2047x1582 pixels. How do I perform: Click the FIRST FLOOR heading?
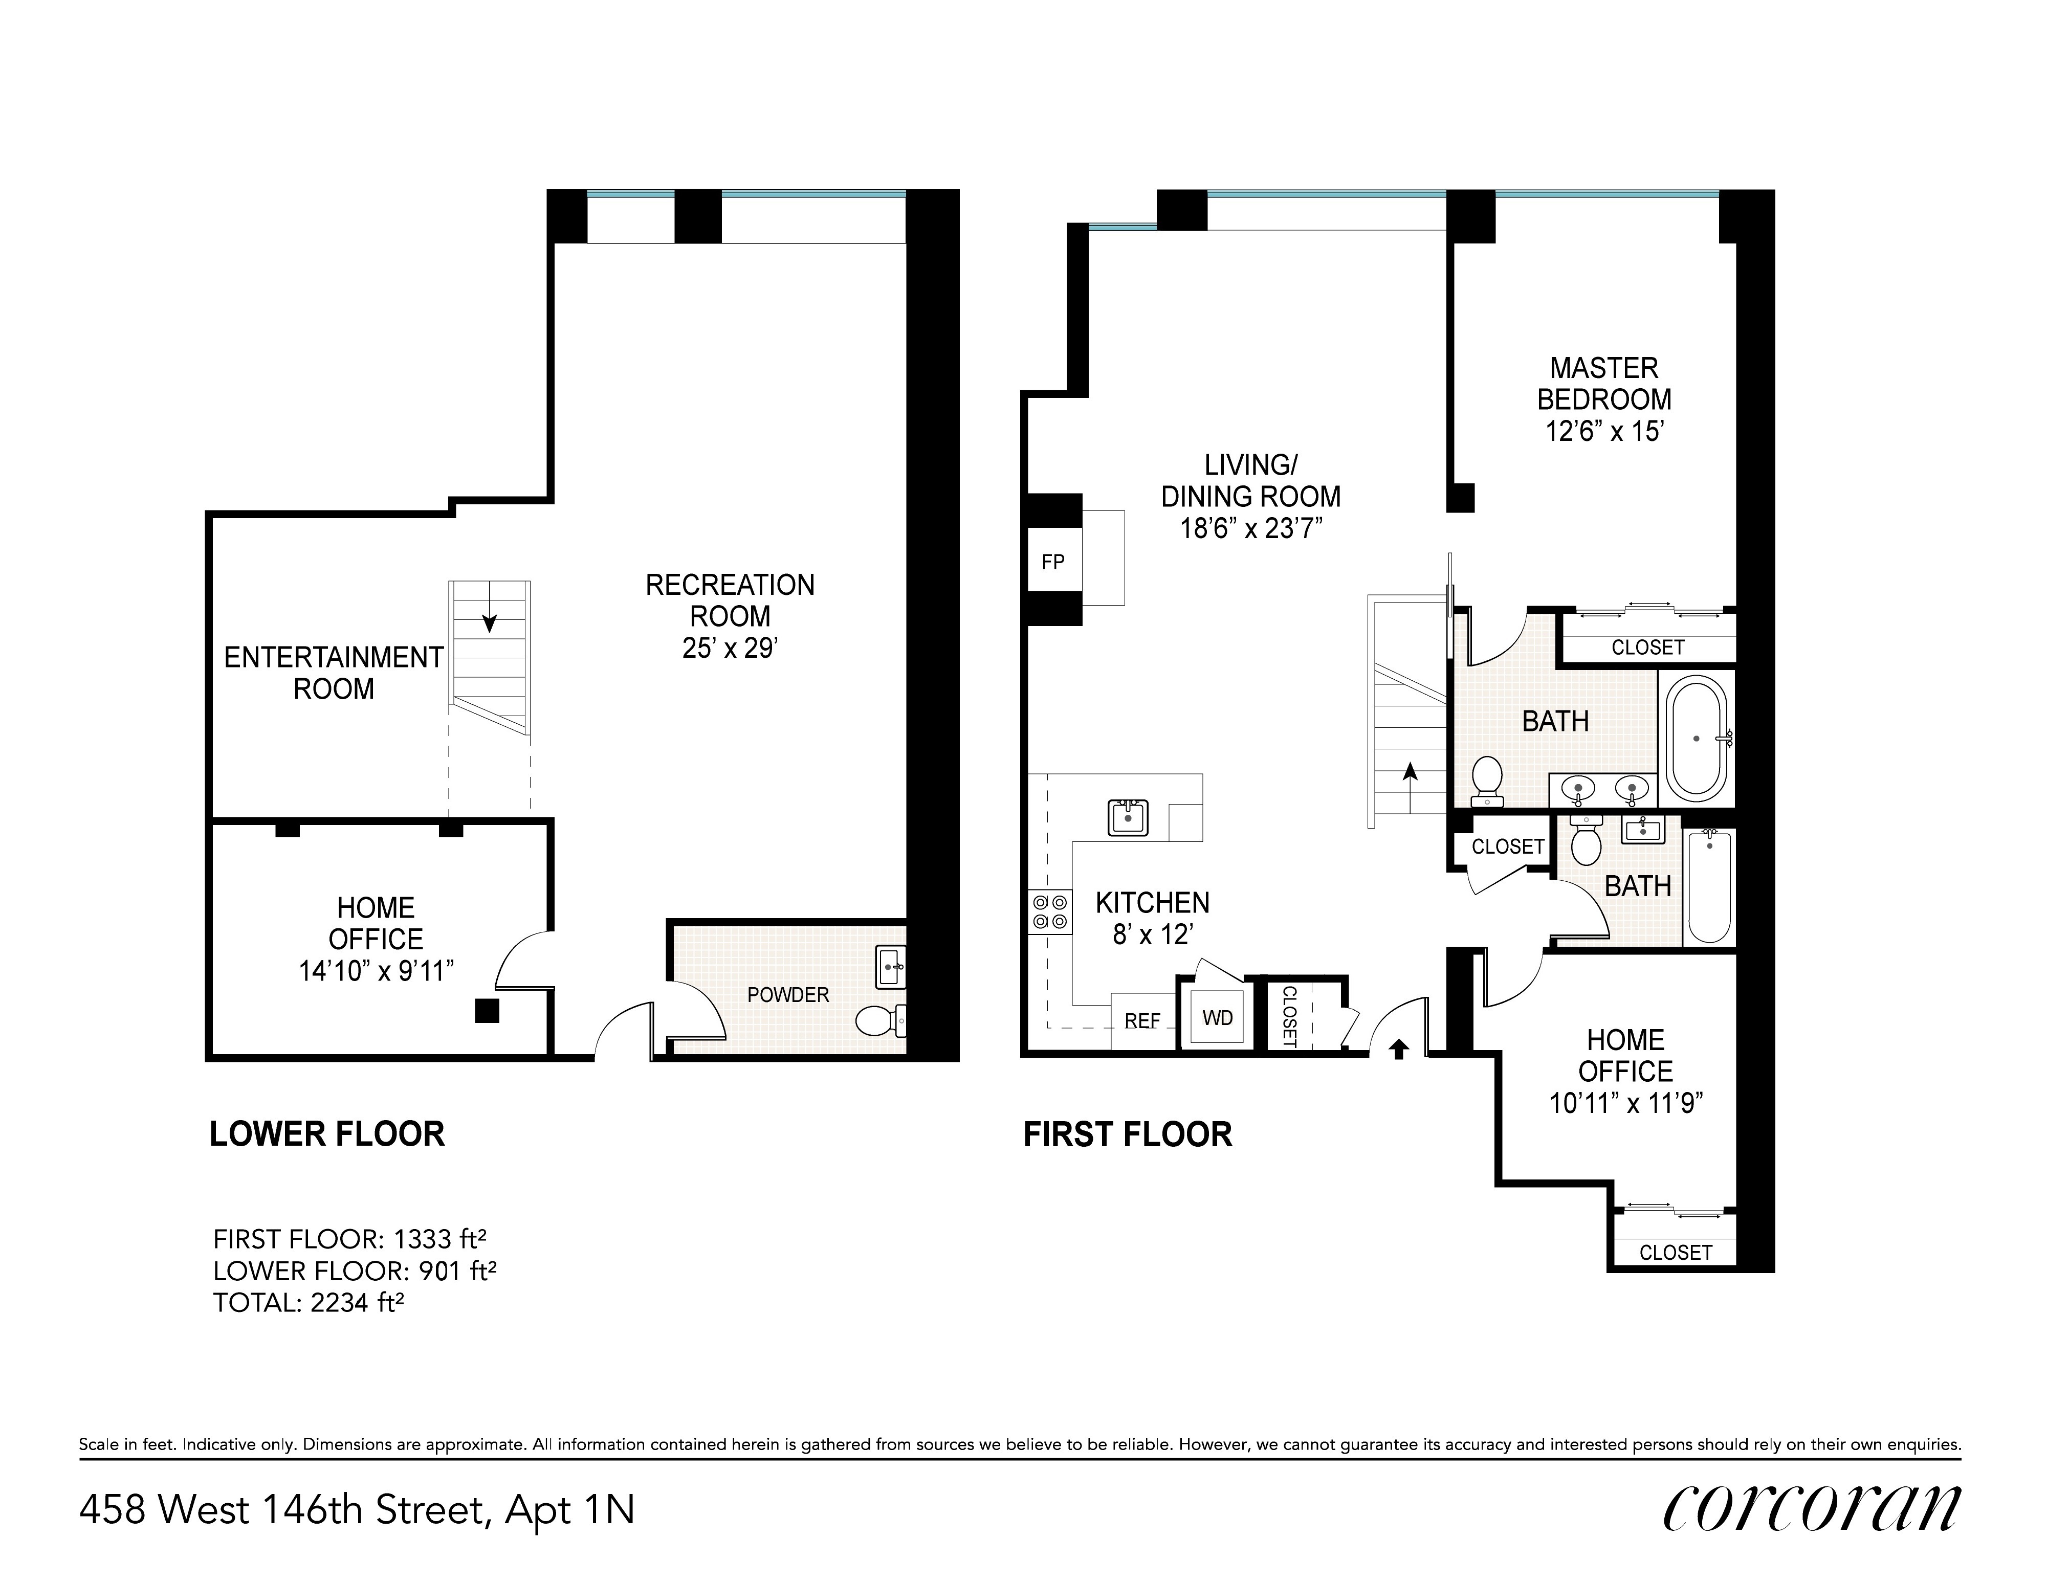pyautogui.click(x=1128, y=1135)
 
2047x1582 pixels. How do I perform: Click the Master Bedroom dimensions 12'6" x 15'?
pyautogui.click(x=1603, y=431)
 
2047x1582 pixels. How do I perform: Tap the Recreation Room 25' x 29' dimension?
pyautogui.click(x=730, y=648)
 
